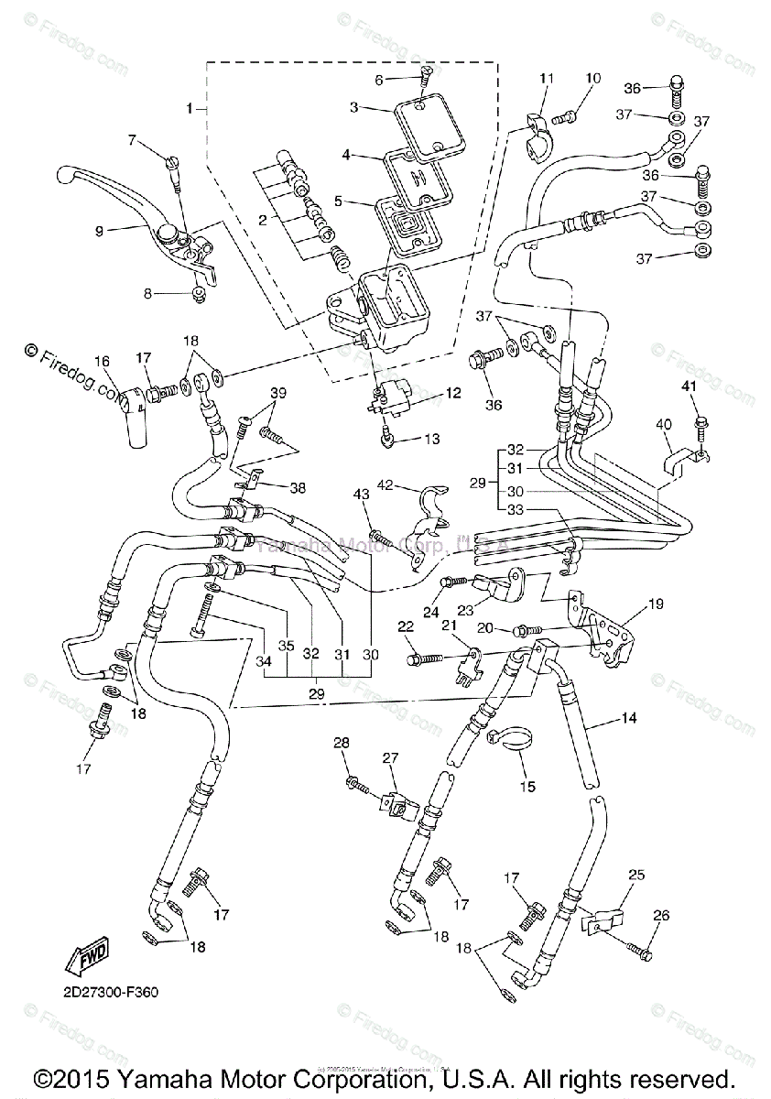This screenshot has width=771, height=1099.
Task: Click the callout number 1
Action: point(189,109)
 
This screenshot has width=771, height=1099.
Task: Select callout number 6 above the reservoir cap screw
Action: point(379,81)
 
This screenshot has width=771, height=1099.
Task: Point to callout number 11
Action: point(547,79)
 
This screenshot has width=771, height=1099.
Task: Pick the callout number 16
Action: point(101,361)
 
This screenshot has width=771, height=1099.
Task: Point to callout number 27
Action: point(391,757)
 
